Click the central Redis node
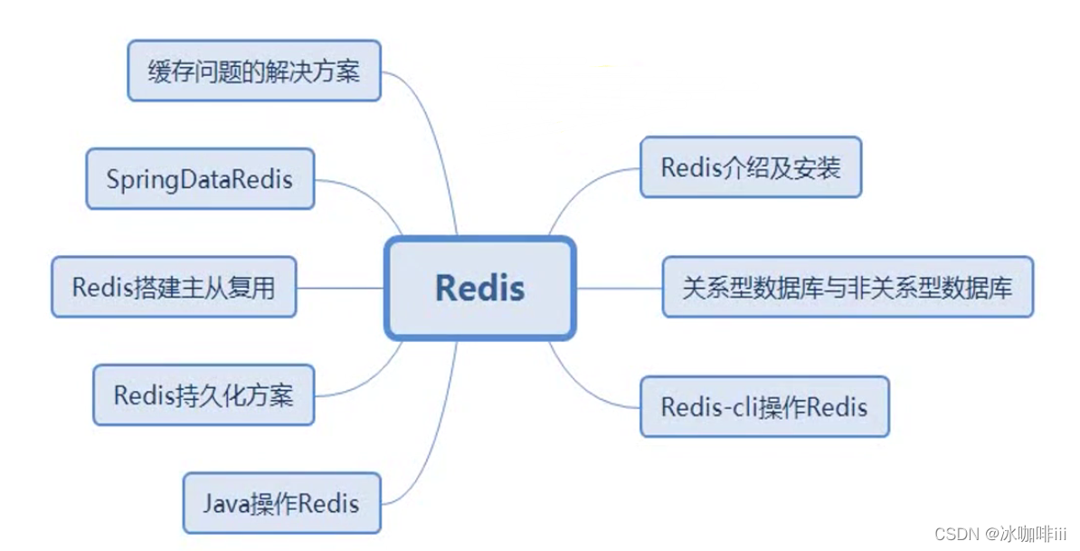click(479, 288)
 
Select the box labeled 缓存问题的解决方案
click(253, 71)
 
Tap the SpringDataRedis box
click(200, 178)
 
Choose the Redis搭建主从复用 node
click(174, 287)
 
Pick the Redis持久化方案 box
click(204, 394)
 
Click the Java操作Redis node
click(281, 502)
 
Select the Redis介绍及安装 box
click(751, 167)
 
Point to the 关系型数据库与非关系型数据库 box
click(848, 287)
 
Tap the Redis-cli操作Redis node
click(764, 406)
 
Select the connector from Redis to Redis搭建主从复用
click(340, 288)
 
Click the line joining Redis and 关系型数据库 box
click(620, 288)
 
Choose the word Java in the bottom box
click(223, 502)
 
